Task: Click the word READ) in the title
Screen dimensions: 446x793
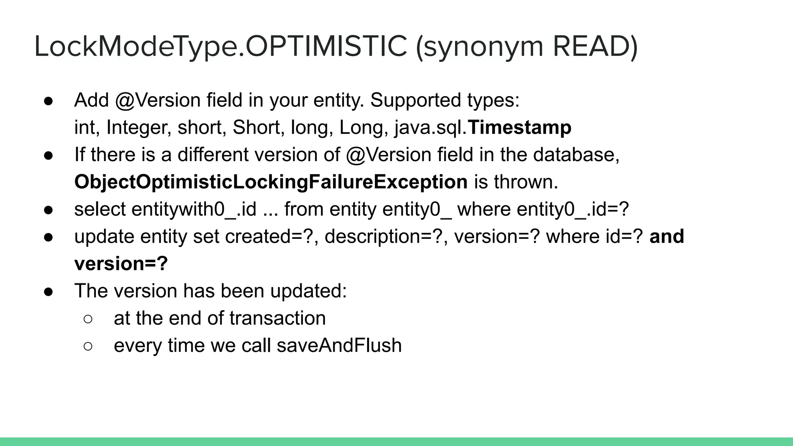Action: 595,46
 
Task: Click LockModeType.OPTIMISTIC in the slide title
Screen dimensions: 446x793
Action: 221,46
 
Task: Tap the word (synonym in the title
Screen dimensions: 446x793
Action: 480,47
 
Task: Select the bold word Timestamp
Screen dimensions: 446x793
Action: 520,127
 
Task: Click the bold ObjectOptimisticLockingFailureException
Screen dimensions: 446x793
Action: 271,182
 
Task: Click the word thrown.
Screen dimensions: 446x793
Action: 526,182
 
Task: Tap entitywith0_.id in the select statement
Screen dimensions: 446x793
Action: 194,209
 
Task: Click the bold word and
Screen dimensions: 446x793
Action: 667,237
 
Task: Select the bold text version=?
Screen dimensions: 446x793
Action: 121,264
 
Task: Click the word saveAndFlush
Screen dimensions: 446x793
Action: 339,345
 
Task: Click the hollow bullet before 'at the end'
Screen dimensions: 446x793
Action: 88,319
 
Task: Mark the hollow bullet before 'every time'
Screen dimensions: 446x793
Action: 88,346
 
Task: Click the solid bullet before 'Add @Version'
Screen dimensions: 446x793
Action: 48,101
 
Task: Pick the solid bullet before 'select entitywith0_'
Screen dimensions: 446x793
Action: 48,210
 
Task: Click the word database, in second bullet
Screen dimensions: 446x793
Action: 576,155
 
